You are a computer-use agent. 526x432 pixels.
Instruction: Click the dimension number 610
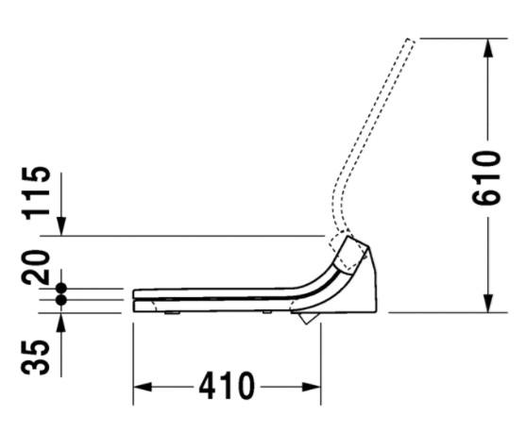coord(486,178)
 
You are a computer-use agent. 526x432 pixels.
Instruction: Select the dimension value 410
coord(227,386)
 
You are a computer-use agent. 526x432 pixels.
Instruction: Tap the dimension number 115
coord(36,193)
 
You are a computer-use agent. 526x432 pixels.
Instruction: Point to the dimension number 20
coord(35,267)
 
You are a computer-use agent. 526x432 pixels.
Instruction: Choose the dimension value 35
coord(35,357)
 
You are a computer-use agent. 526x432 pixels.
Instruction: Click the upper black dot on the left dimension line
coord(61,288)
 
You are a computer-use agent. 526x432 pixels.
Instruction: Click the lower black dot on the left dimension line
coord(61,300)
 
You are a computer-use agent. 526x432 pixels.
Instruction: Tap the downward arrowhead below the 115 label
coord(61,226)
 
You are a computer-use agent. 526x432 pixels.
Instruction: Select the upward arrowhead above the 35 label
coord(61,323)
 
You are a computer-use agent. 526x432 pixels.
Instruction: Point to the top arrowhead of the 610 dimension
coord(488,48)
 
